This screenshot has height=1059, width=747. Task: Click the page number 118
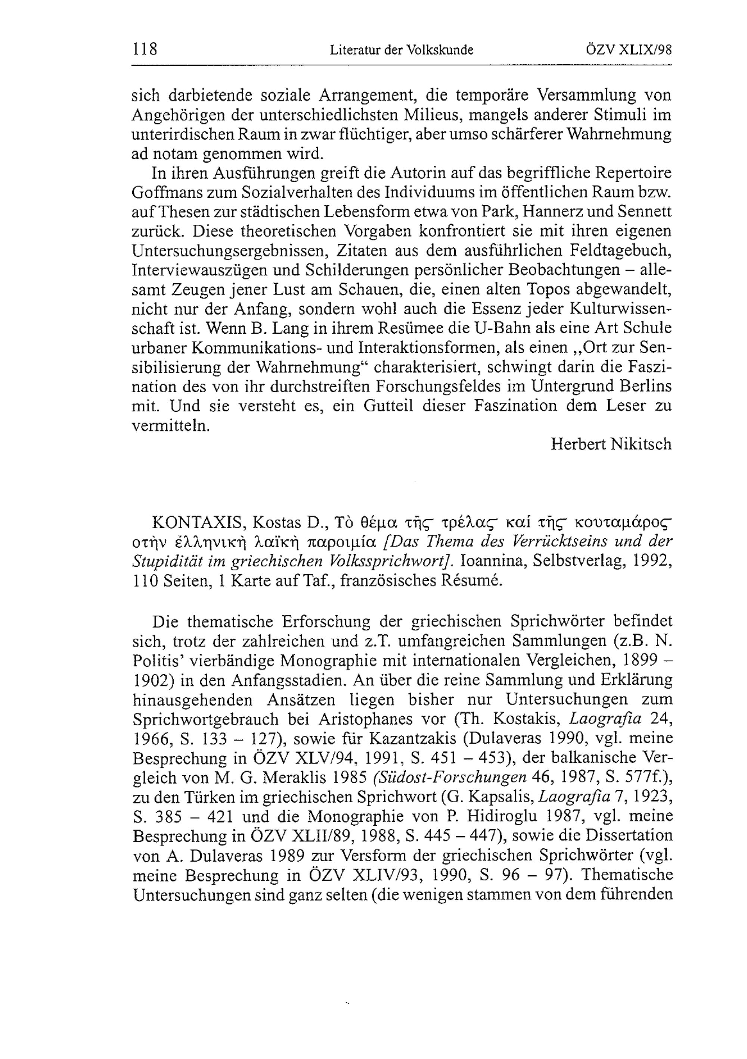coord(145,49)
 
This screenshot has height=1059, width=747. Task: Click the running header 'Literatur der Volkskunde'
coord(402,50)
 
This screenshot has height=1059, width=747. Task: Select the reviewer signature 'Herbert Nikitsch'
coord(611,444)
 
